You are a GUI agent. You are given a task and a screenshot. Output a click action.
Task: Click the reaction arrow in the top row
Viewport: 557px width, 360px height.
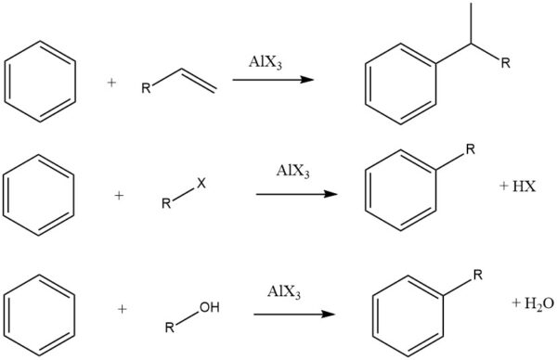(x=272, y=81)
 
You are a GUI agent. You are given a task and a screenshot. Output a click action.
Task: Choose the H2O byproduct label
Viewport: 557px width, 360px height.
(x=526, y=303)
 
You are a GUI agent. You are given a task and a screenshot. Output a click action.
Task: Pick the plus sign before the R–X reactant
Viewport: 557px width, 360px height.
(x=120, y=197)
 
